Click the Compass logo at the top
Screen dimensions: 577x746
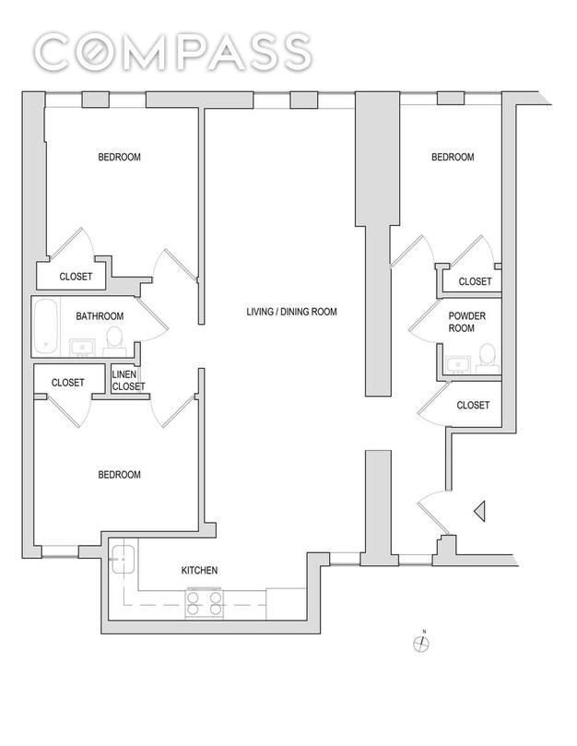click(173, 52)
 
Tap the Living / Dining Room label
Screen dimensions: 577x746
click(291, 312)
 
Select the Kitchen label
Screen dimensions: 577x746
click(199, 570)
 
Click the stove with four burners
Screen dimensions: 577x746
click(204, 603)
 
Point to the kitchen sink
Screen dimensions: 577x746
click(124, 559)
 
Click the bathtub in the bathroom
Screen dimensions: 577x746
click(46, 326)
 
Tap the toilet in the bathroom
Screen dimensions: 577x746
click(114, 340)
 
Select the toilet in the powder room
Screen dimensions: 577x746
click(487, 359)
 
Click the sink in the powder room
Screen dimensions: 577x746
click(458, 365)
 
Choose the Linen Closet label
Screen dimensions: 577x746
click(128, 380)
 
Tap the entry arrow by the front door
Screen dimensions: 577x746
click(479, 512)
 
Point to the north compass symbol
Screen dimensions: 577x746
click(421, 643)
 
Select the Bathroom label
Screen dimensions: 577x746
click(100, 316)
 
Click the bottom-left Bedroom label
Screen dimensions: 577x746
click(120, 474)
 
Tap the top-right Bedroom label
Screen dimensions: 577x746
click(453, 157)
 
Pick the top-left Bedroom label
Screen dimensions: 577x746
click(120, 157)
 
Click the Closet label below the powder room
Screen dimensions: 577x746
click(473, 405)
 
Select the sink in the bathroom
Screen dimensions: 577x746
click(82, 348)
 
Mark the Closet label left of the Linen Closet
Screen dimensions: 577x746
click(67, 383)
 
